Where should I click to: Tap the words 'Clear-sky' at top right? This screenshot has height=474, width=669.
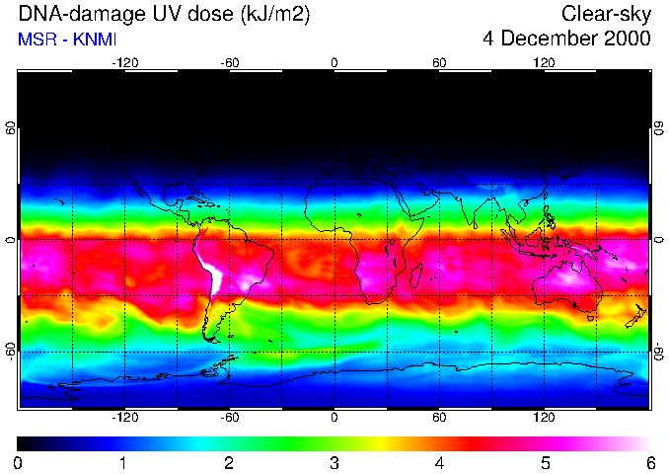(606, 14)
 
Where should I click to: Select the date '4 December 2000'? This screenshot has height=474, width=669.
(566, 39)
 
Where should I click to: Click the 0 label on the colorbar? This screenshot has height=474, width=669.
(19, 463)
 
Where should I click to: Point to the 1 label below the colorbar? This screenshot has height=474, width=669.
(123, 463)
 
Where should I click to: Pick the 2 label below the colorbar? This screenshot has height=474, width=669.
(229, 463)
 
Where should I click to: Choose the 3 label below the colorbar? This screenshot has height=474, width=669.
(334, 463)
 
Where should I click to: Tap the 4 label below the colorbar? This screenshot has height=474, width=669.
(439, 463)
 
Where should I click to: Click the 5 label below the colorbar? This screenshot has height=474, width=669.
(545, 463)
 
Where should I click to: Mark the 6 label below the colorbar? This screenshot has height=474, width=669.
(649, 463)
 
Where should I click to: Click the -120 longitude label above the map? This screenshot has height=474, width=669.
(124, 62)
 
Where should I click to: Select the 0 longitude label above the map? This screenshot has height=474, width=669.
(334, 62)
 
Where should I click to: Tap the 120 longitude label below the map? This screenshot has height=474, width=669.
(544, 419)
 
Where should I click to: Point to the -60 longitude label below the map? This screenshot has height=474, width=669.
(229, 419)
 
